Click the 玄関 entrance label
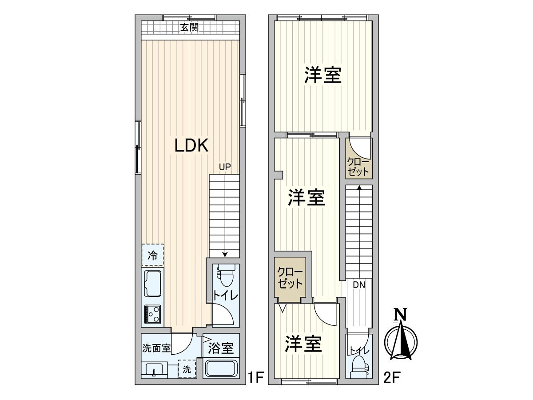pos(189,28)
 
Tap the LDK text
pos(191,145)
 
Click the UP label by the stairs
pos(224,167)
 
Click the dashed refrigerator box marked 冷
pos(152,255)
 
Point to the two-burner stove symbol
pos(152,314)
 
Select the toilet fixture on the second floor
pos(358,367)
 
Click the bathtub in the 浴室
pos(221,369)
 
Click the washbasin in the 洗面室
pos(154,369)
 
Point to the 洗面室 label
pos(156,348)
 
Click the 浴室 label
pos(221,348)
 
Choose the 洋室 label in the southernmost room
pos(303,344)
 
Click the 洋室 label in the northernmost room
pos(323,76)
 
